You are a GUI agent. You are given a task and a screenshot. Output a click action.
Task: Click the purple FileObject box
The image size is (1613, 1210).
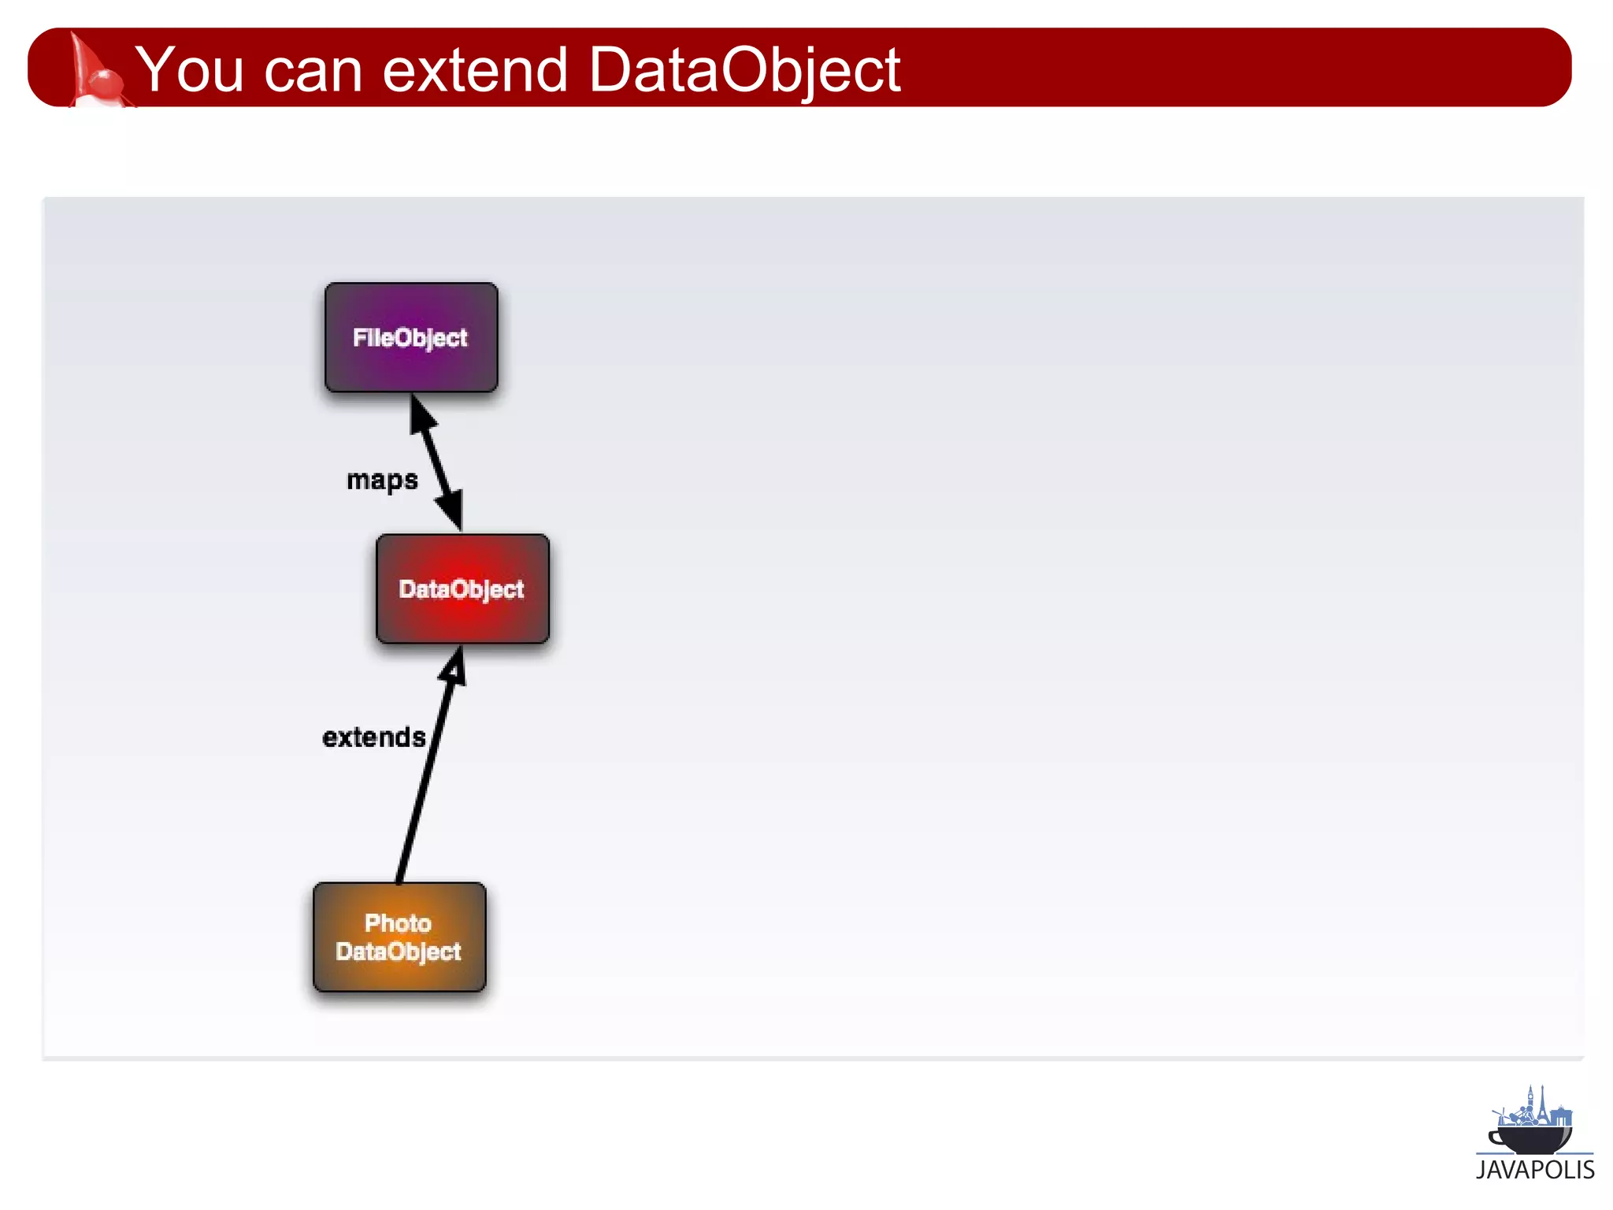coord(411,337)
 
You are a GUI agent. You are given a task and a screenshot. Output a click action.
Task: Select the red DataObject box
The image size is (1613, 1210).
coord(462,588)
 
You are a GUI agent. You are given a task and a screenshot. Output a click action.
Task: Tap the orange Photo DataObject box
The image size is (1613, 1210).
coord(399,937)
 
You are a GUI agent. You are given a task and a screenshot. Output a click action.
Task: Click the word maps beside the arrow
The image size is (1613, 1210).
coord(382,480)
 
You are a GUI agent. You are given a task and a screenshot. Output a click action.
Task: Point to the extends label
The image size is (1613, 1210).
coord(374,737)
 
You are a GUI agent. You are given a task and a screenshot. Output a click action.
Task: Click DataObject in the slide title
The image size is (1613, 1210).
coord(743,71)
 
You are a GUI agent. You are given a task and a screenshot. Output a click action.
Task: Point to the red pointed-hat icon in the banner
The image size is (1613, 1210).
coord(92,71)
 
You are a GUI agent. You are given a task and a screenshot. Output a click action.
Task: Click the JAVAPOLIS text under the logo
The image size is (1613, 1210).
coord(1534,1170)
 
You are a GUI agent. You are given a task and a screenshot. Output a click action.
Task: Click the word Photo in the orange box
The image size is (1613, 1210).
coord(398,922)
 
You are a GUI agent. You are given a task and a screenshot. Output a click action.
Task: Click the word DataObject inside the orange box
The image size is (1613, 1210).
coord(399,952)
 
